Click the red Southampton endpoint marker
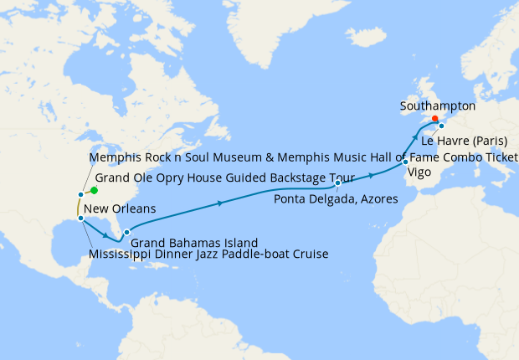point(434,118)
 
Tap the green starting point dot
point(95,190)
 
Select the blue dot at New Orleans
point(80,219)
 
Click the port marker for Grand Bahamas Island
point(126,233)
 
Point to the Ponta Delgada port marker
point(338,183)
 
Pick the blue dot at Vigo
point(405,162)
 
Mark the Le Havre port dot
point(441,126)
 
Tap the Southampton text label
point(438,106)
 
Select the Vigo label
point(419,173)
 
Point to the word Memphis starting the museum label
point(112,158)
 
